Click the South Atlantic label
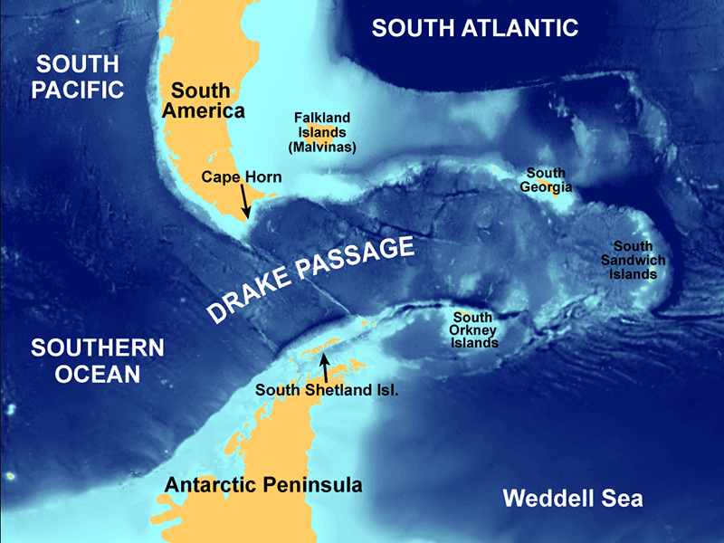tap(475, 28)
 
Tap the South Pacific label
tap(79, 76)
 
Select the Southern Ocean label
tap(96, 360)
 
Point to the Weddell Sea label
tap(572, 498)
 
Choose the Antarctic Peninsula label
tap(263, 485)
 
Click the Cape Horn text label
tap(242, 177)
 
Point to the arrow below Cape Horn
tap(244, 201)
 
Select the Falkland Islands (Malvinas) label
tap(321, 131)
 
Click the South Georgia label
tap(546, 180)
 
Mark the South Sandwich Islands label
tap(638, 260)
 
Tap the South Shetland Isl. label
tap(327, 391)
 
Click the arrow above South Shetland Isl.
tap(325, 367)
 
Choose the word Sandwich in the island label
tap(638, 260)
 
